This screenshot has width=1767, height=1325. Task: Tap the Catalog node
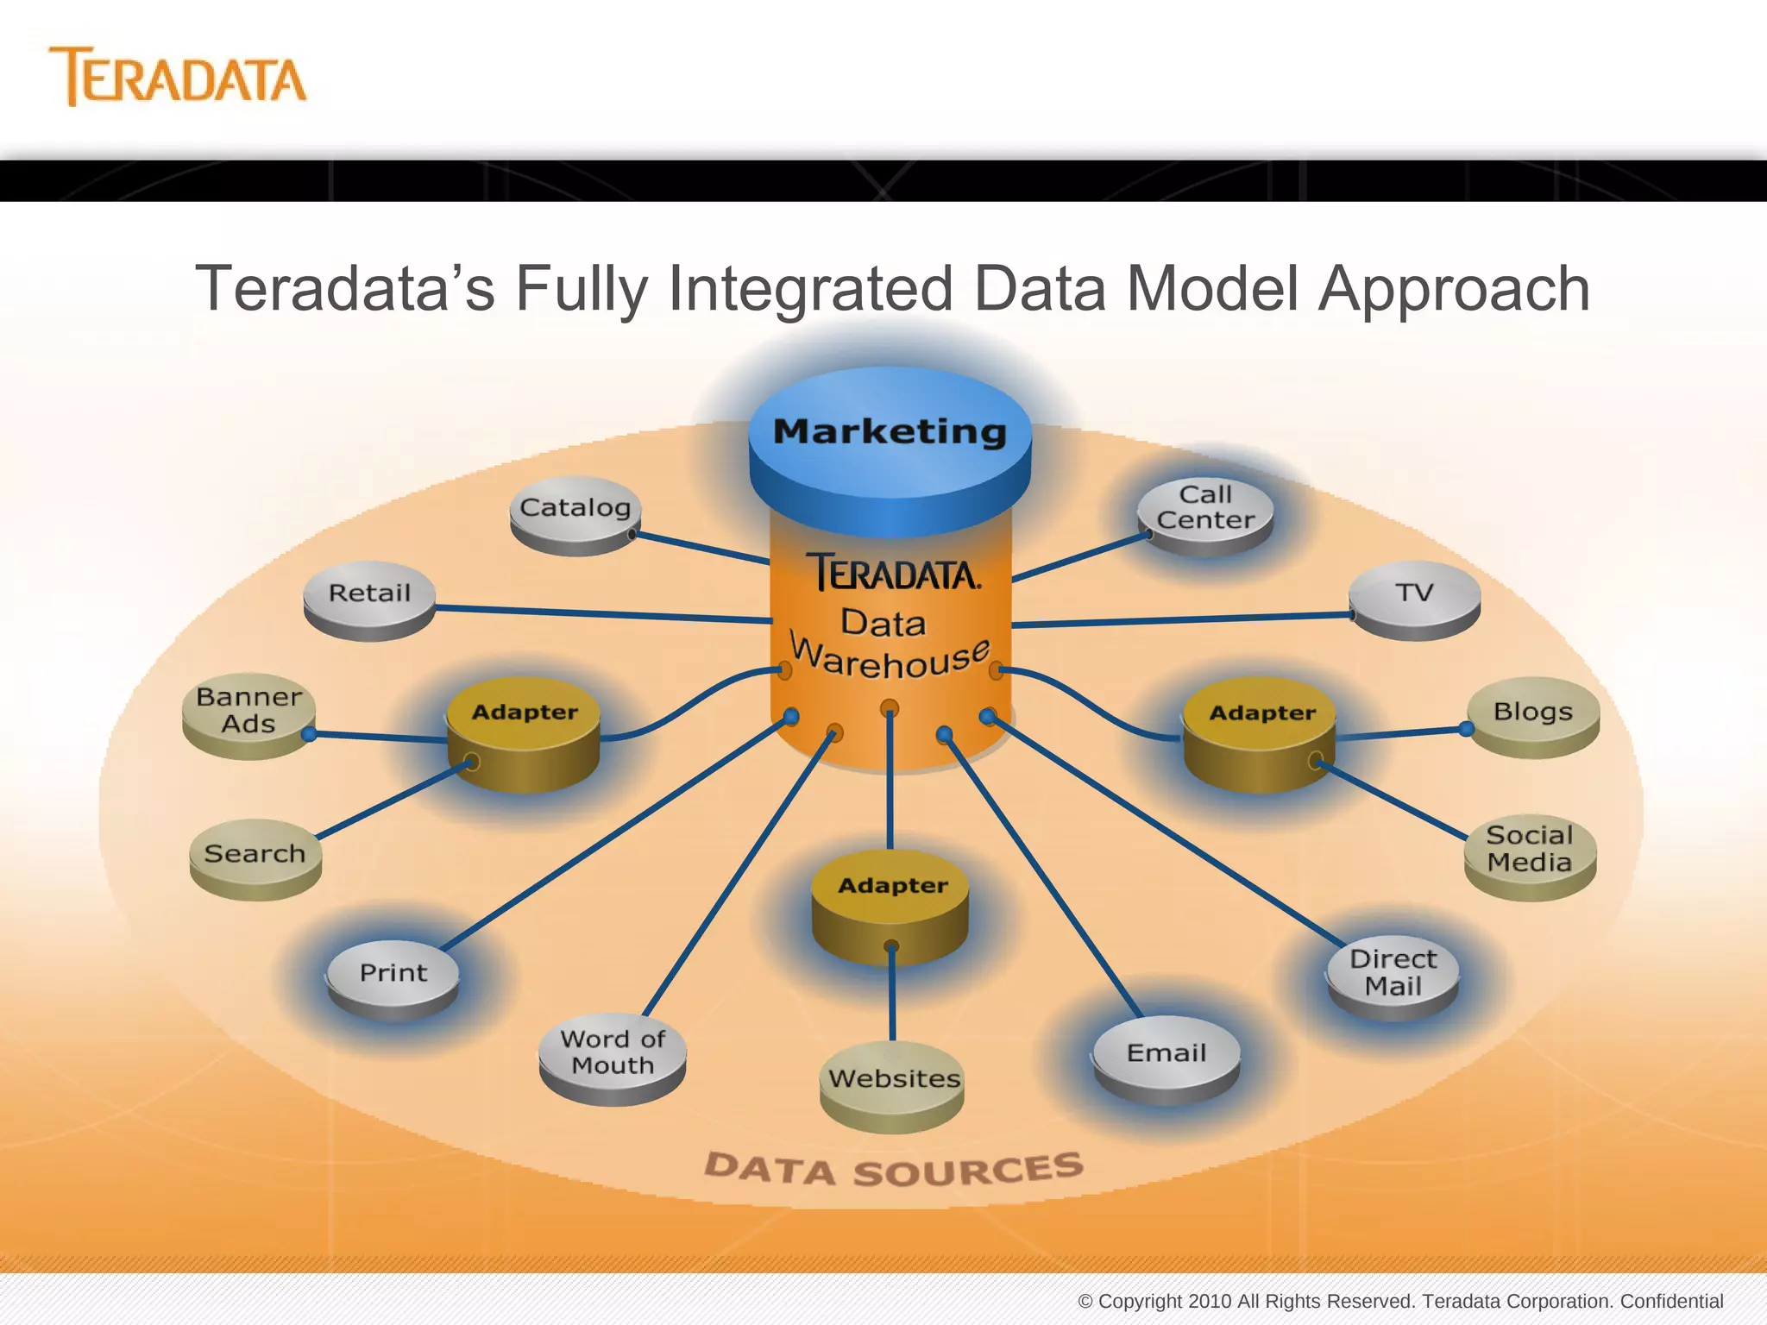pyautogui.click(x=575, y=509)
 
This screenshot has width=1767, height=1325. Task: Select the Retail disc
pyautogui.click(x=369, y=595)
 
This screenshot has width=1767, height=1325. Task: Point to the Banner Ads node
pyautogui.click(x=248, y=711)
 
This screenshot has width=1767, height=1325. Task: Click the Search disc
pyautogui.click(x=255, y=855)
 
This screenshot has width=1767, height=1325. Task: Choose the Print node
pyautogui.click(x=393, y=975)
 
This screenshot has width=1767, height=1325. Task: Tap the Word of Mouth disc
pyautogui.click(x=612, y=1053)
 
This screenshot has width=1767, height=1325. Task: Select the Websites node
pyautogui.click(x=893, y=1080)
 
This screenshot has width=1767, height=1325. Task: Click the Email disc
pyautogui.click(x=1166, y=1055)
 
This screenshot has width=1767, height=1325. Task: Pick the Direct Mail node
pyautogui.click(x=1393, y=974)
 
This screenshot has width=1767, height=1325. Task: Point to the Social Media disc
pyautogui.click(x=1529, y=851)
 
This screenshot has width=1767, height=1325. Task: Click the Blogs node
pyautogui.click(x=1532, y=713)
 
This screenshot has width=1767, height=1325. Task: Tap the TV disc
pyautogui.click(x=1414, y=594)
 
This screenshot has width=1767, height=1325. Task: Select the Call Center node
pyautogui.click(x=1205, y=509)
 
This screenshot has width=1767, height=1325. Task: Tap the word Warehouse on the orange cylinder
pyautogui.click(x=890, y=660)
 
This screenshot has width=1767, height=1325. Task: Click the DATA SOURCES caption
pyautogui.click(x=893, y=1170)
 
